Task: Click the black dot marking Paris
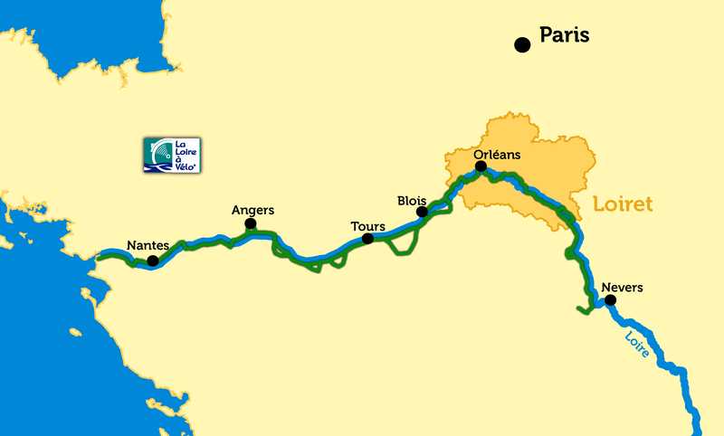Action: tap(521, 44)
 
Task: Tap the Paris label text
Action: tap(564, 35)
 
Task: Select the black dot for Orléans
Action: tap(481, 166)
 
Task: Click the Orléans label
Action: tap(498, 155)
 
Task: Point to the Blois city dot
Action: tap(421, 212)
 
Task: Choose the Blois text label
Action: tap(412, 199)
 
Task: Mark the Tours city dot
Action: tap(367, 239)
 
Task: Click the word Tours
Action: tap(368, 226)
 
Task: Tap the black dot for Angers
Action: tap(250, 223)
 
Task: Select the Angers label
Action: tap(252, 211)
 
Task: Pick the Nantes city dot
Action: tap(152, 261)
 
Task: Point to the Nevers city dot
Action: tap(610, 299)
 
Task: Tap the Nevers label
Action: tap(622, 288)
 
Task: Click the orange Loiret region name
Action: tap(623, 205)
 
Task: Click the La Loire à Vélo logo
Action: tap(171, 155)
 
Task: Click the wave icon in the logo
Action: tap(157, 155)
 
